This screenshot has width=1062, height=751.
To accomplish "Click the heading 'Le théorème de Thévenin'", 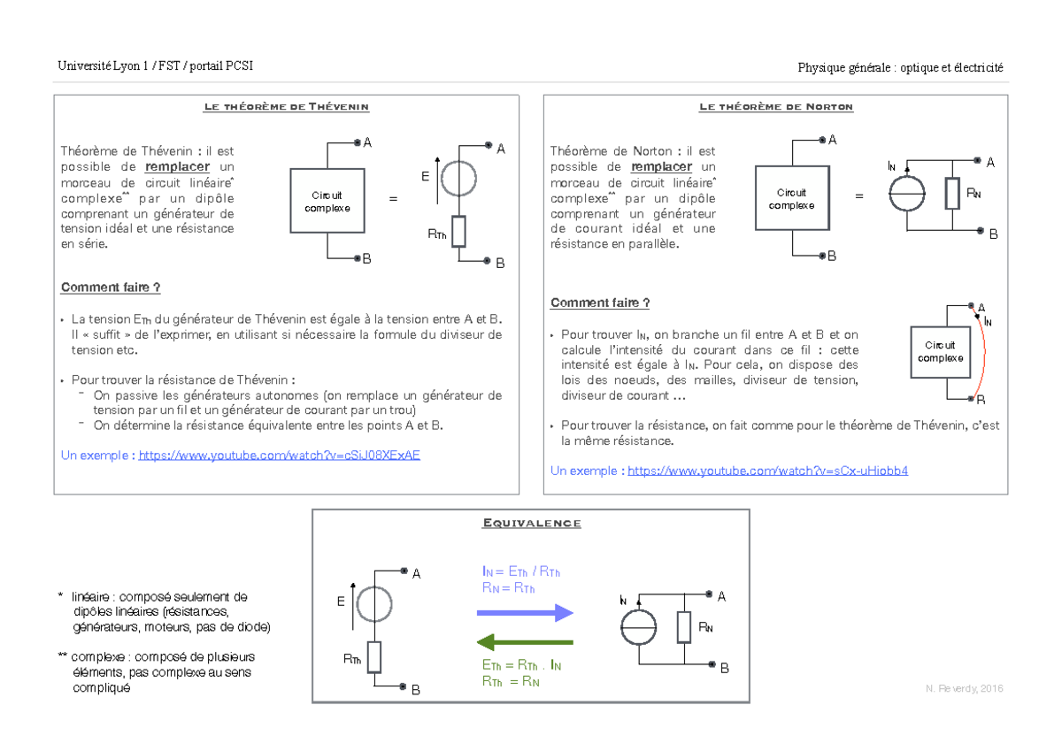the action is pos(287,107).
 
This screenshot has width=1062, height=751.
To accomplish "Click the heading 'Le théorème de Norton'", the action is pos(776,107).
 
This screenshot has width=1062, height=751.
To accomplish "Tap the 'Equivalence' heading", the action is pos(532,523).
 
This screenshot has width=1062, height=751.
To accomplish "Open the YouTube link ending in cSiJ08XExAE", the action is pos(280,456).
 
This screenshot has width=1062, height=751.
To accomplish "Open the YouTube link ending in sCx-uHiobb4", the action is pos(767,471).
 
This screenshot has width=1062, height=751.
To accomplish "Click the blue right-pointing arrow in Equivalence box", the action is pos(525,613).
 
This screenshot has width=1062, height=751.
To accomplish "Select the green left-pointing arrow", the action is pos(525,642).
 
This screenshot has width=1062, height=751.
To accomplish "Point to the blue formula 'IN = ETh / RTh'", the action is pos(521,572).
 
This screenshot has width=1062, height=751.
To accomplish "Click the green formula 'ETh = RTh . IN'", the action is pos(521,665).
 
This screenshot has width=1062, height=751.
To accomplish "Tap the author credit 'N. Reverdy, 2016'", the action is pos(965,688).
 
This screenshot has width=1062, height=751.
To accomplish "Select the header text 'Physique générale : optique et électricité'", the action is pos(900,68).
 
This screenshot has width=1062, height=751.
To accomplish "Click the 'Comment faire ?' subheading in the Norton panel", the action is pos(600,303).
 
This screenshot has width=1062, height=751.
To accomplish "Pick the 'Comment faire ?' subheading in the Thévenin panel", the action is pos(111,287).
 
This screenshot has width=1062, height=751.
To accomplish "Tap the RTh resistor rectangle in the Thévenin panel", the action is pos(458,232).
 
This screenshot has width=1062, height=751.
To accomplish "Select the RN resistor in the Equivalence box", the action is pos(683,627).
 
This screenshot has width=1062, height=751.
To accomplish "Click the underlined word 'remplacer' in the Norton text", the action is pos(661,167).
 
